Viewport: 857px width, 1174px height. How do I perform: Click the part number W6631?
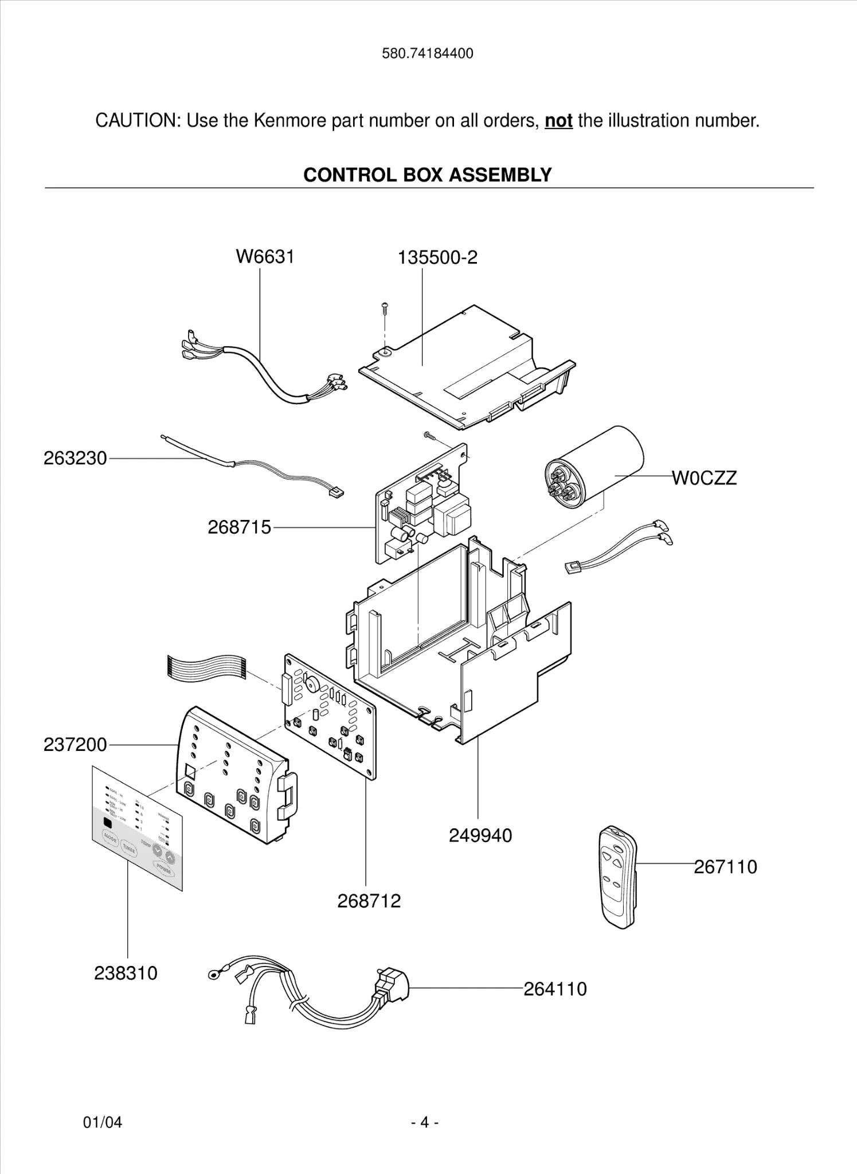(x=265, y=257)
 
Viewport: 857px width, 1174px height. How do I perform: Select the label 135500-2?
(x=437, y=258)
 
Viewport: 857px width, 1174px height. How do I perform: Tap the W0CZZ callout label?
(x=704, y=478)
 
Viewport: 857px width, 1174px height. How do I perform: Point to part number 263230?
(x=75, y=459)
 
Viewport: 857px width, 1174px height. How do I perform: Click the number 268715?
(x=239, y=527)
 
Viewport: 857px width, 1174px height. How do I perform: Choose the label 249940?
(x=480, y=836)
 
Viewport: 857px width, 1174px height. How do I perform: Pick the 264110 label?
(x=555, y=989)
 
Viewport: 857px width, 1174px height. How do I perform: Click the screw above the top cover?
(x=385, y=309)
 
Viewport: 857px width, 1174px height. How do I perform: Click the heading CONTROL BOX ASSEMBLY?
(x=427, y=175)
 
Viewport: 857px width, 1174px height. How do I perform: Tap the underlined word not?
(x=558, y=121)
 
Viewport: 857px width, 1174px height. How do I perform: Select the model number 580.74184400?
(x=428, y=54)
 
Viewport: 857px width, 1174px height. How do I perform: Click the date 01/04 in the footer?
(x=103, y=1122)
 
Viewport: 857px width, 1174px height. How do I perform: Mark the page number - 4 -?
(x=425, y=1122)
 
